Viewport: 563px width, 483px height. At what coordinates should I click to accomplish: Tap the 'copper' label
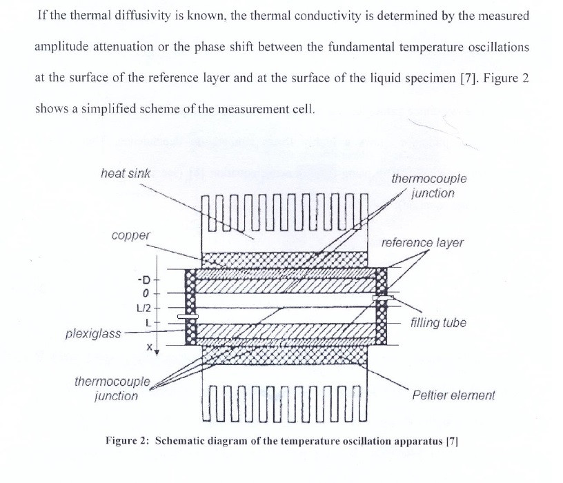point(130,236)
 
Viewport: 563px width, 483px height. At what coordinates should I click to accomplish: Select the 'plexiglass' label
point(92,334)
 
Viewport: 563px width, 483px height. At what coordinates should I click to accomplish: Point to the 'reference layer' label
point(422,243)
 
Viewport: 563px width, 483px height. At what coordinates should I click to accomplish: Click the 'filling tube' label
point(437,323)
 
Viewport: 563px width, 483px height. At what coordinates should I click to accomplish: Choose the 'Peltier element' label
point(453,395)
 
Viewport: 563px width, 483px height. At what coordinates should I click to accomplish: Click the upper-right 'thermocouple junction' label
point(428,186)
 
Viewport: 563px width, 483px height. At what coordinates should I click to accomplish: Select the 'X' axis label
point(148,349)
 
